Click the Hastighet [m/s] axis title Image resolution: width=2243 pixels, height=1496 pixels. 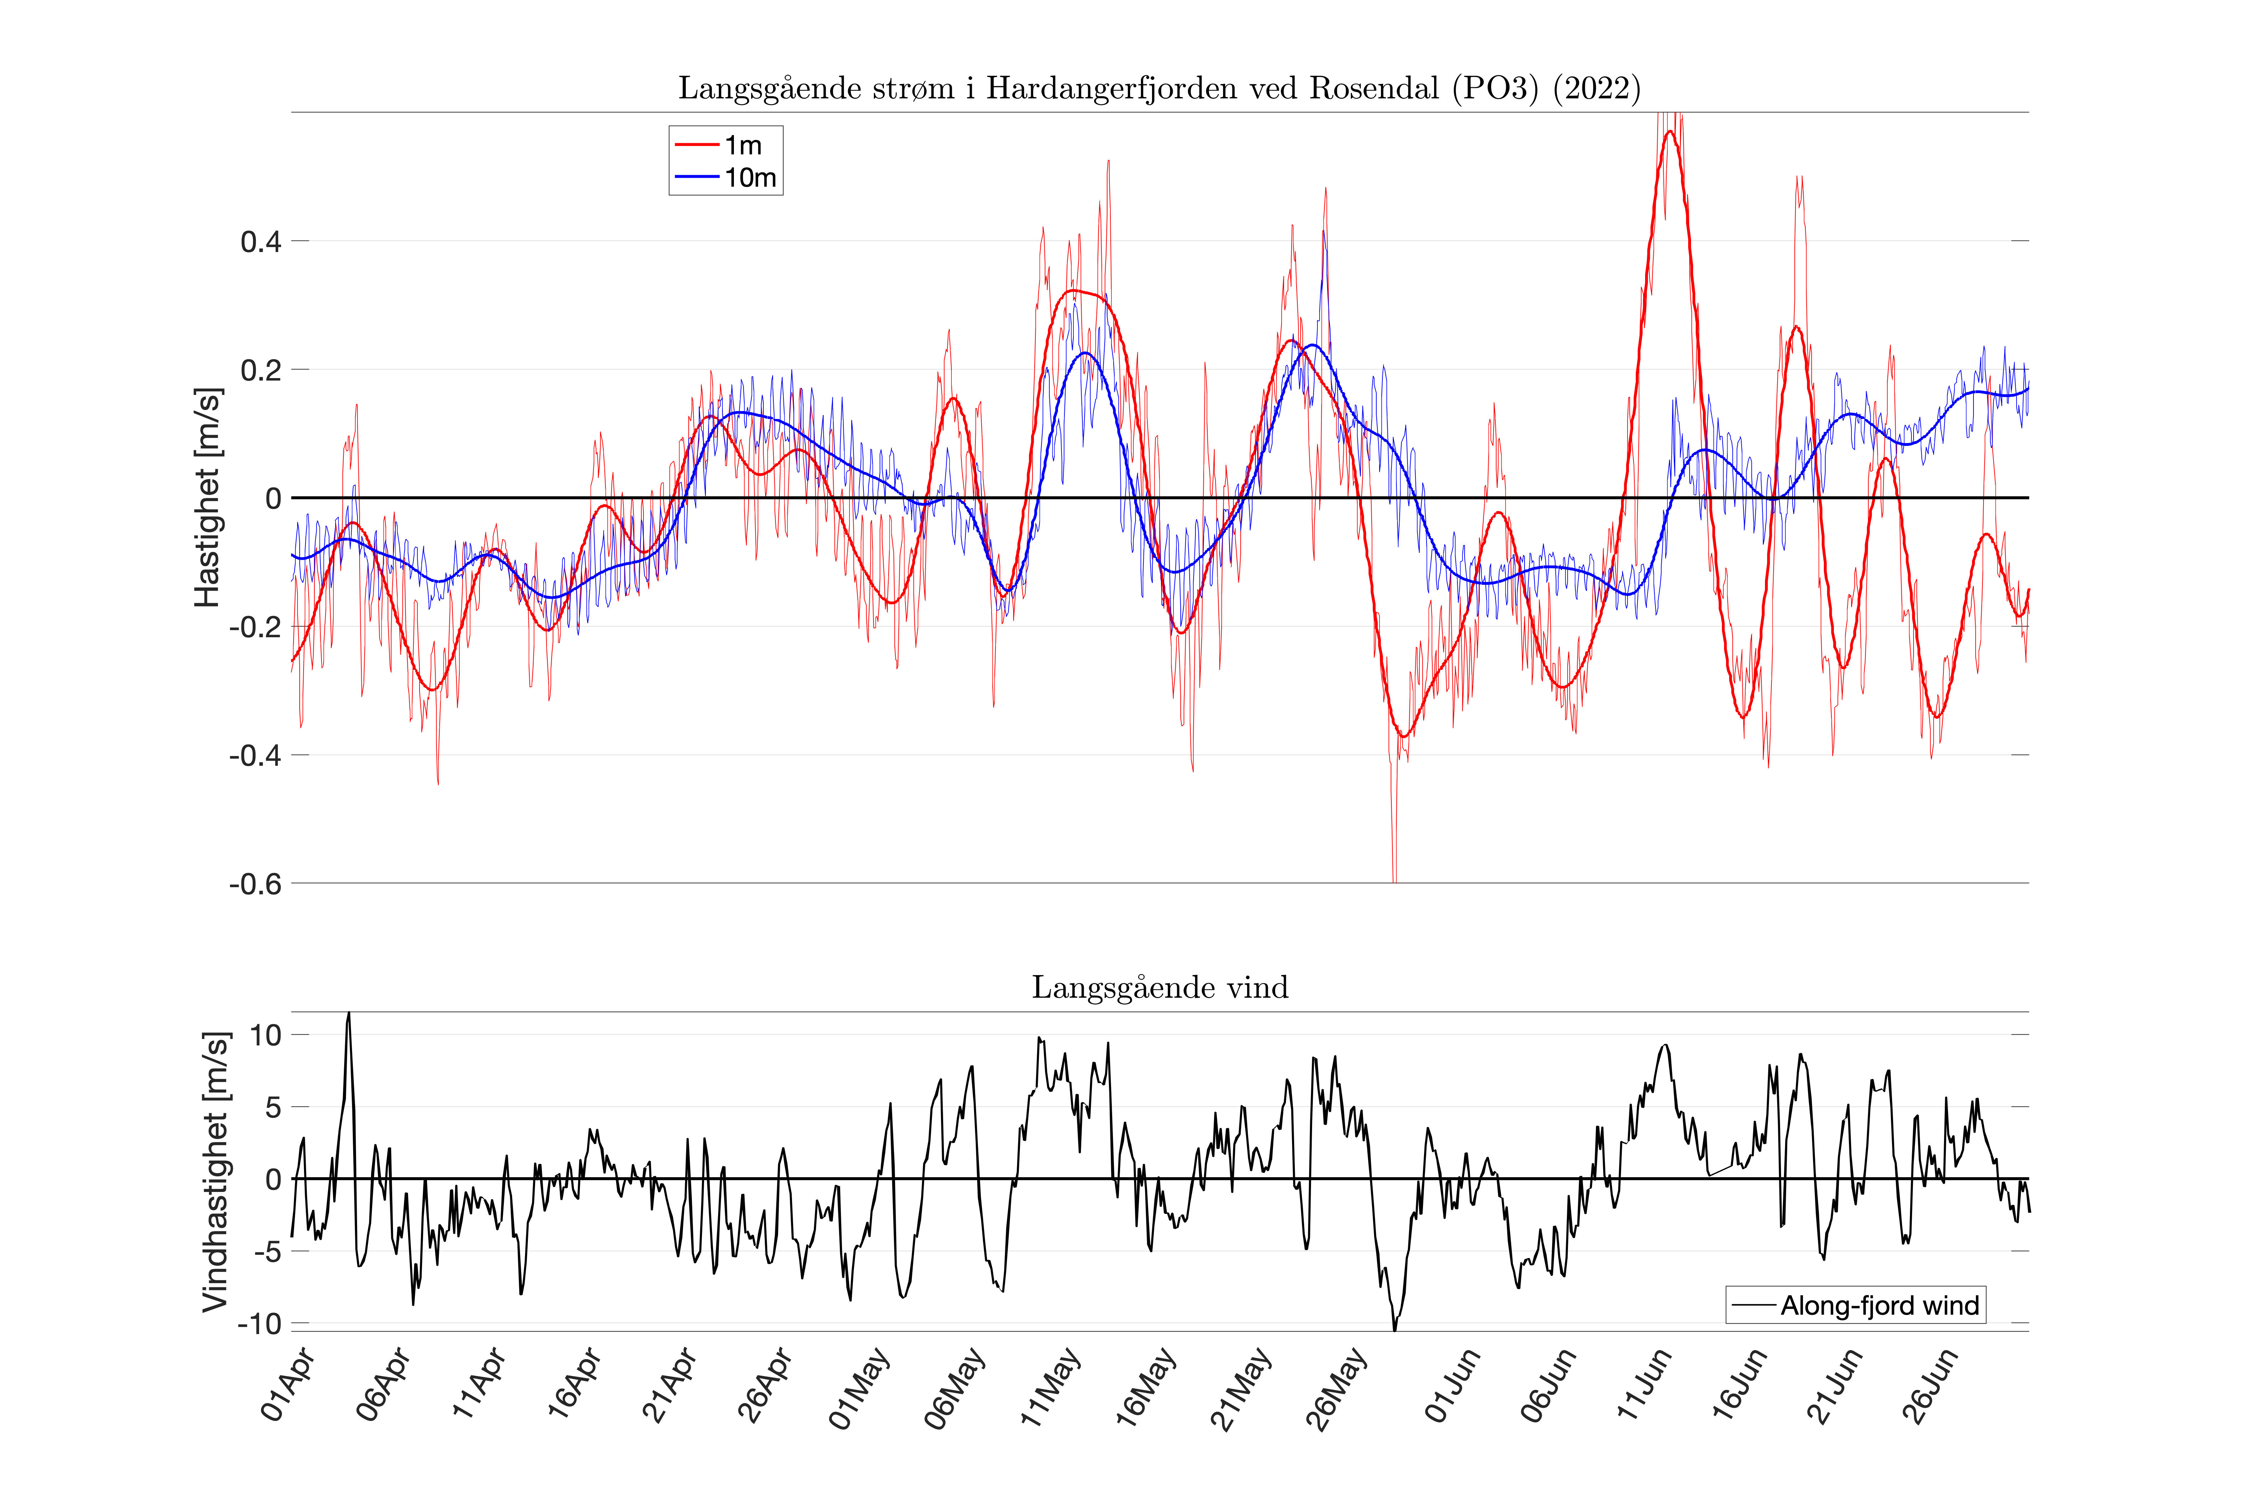click(208, 497)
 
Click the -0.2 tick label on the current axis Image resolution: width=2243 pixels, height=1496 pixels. click(256, 627)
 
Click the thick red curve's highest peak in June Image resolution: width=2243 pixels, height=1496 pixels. click(1669, 132)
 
